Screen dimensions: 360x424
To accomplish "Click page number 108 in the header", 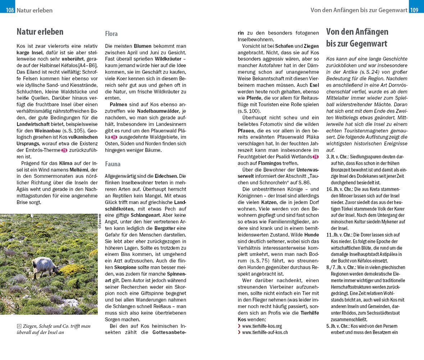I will tap(10, 10).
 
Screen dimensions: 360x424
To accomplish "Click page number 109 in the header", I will tap(414, 10).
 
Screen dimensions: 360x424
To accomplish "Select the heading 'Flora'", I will tap(111, 34).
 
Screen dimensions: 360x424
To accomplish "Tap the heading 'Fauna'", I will tap(113, 164).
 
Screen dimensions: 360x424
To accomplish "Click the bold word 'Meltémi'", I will tap(78, 170).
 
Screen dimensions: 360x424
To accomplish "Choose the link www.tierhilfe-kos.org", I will tap(262, 326).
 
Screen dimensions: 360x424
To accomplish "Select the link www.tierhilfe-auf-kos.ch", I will tap(265, 333).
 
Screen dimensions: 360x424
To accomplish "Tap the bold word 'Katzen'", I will tap(269, 202).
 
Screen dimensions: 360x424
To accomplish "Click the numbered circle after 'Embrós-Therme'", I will tap(64, 150).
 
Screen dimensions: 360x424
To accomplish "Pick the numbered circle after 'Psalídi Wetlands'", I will tap(315, 157).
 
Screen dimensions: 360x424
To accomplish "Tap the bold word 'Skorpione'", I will tap(125, 267).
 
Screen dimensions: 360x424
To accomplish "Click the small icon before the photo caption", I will tap(19, 326).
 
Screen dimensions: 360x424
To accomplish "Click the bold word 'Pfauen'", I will tap(246, 131).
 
